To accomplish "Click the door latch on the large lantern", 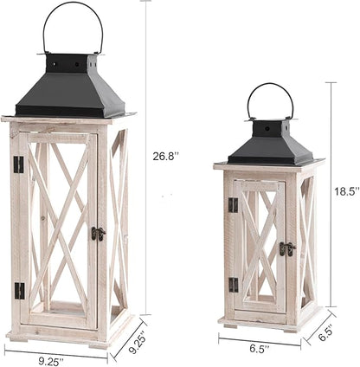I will coord(99,233).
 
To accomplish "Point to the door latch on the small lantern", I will coord(286,248).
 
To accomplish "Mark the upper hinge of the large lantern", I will coord(18,164).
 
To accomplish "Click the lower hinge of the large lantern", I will coord(18,290).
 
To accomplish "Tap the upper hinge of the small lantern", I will coord(232,205).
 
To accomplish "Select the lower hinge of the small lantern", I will coord(232,285).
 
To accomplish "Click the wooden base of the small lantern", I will coord(268,319).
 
